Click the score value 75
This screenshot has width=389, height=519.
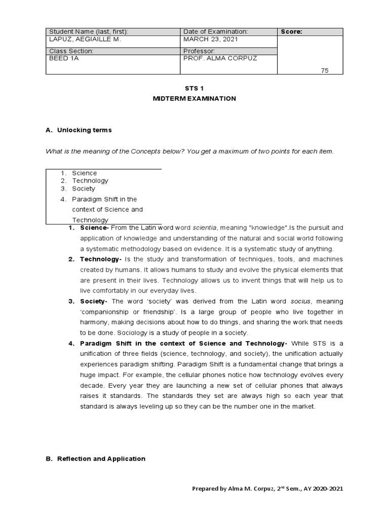pyautogui.click(x=325, y=70)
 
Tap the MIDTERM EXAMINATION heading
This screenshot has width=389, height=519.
pyautogui.click(x=194, y=98)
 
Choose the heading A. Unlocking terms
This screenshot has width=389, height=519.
pyautogui.click(x=79, y=130)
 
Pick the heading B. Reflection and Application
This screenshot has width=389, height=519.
pyautogui.click(x=95, y=459)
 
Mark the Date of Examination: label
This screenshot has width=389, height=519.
pyautogui.click(x=215, y=31)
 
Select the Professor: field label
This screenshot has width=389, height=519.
pyautogui.click(x=199, y=51)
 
